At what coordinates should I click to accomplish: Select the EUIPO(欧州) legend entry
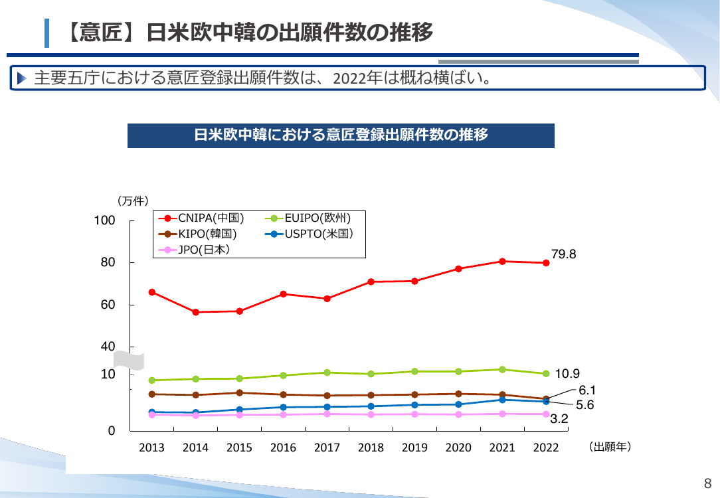point(308,218)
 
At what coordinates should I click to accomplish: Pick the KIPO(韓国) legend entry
point(197,234)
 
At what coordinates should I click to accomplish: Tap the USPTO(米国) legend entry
point(309,234)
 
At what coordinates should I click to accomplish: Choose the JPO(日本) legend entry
point(194,250)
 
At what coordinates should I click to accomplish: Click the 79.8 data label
point(563,254)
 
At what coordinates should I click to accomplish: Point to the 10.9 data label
point(567,374)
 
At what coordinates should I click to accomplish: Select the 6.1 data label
point(587,390)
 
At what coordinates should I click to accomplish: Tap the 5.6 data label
point(585,405)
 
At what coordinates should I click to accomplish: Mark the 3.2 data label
point(559,418)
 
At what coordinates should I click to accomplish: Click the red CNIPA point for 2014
point(196,312)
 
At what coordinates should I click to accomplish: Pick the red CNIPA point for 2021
point(502,262)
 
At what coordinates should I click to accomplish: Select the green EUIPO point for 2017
point(327,373)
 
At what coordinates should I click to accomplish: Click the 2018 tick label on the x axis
point(371,448)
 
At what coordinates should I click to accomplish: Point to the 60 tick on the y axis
point(108,305)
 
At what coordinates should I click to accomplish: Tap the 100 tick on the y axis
point(105,220)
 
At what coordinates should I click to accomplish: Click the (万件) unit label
point(133,201)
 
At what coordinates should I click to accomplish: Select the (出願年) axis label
point(610,447)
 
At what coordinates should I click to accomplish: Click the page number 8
point(707,483)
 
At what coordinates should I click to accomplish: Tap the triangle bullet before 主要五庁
point(21,78)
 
